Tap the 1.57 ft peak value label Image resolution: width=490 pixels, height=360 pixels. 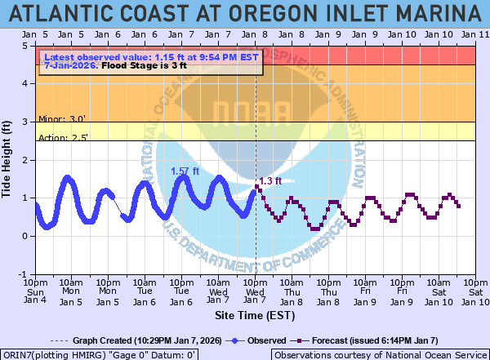pos(185,171)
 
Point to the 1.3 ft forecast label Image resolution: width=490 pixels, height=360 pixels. pos(270,181)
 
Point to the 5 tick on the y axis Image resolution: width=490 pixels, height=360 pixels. pos(27,46)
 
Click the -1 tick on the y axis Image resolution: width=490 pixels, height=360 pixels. pos(25,274)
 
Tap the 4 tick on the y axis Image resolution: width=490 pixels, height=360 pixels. pos(27,84)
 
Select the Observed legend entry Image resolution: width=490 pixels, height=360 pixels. pos(261,340)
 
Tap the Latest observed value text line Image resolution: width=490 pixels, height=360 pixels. pos(151,57)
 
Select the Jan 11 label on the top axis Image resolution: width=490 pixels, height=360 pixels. pos(475,34)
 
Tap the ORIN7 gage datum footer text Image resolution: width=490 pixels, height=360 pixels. pos(103,355)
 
